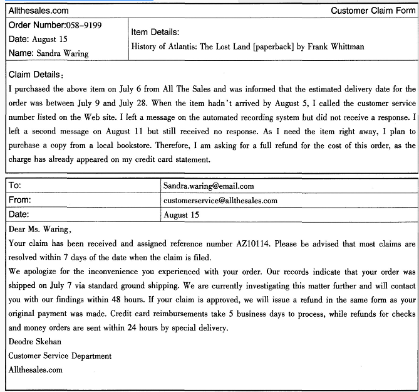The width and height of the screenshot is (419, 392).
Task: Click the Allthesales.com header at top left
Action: (x=38, y=11)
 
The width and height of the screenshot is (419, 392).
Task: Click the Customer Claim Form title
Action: (x=373, y=11)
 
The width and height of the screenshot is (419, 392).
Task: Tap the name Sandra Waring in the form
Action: (x=62, y=53)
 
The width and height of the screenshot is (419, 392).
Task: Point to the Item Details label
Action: (x=155, y=32)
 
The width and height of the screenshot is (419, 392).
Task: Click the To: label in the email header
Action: (x=14, y=186)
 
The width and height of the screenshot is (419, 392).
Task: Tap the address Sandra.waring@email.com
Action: (x=209, y=186)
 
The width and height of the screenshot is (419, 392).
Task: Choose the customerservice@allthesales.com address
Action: (x=220, y=201)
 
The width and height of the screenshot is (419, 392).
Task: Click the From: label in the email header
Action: (x=20, y=200)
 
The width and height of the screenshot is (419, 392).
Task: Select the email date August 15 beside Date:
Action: (x=181, y=215)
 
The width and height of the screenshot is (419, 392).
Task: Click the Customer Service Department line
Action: (x=60, y=356)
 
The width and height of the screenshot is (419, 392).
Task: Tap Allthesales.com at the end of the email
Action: (x=36, y=369)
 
